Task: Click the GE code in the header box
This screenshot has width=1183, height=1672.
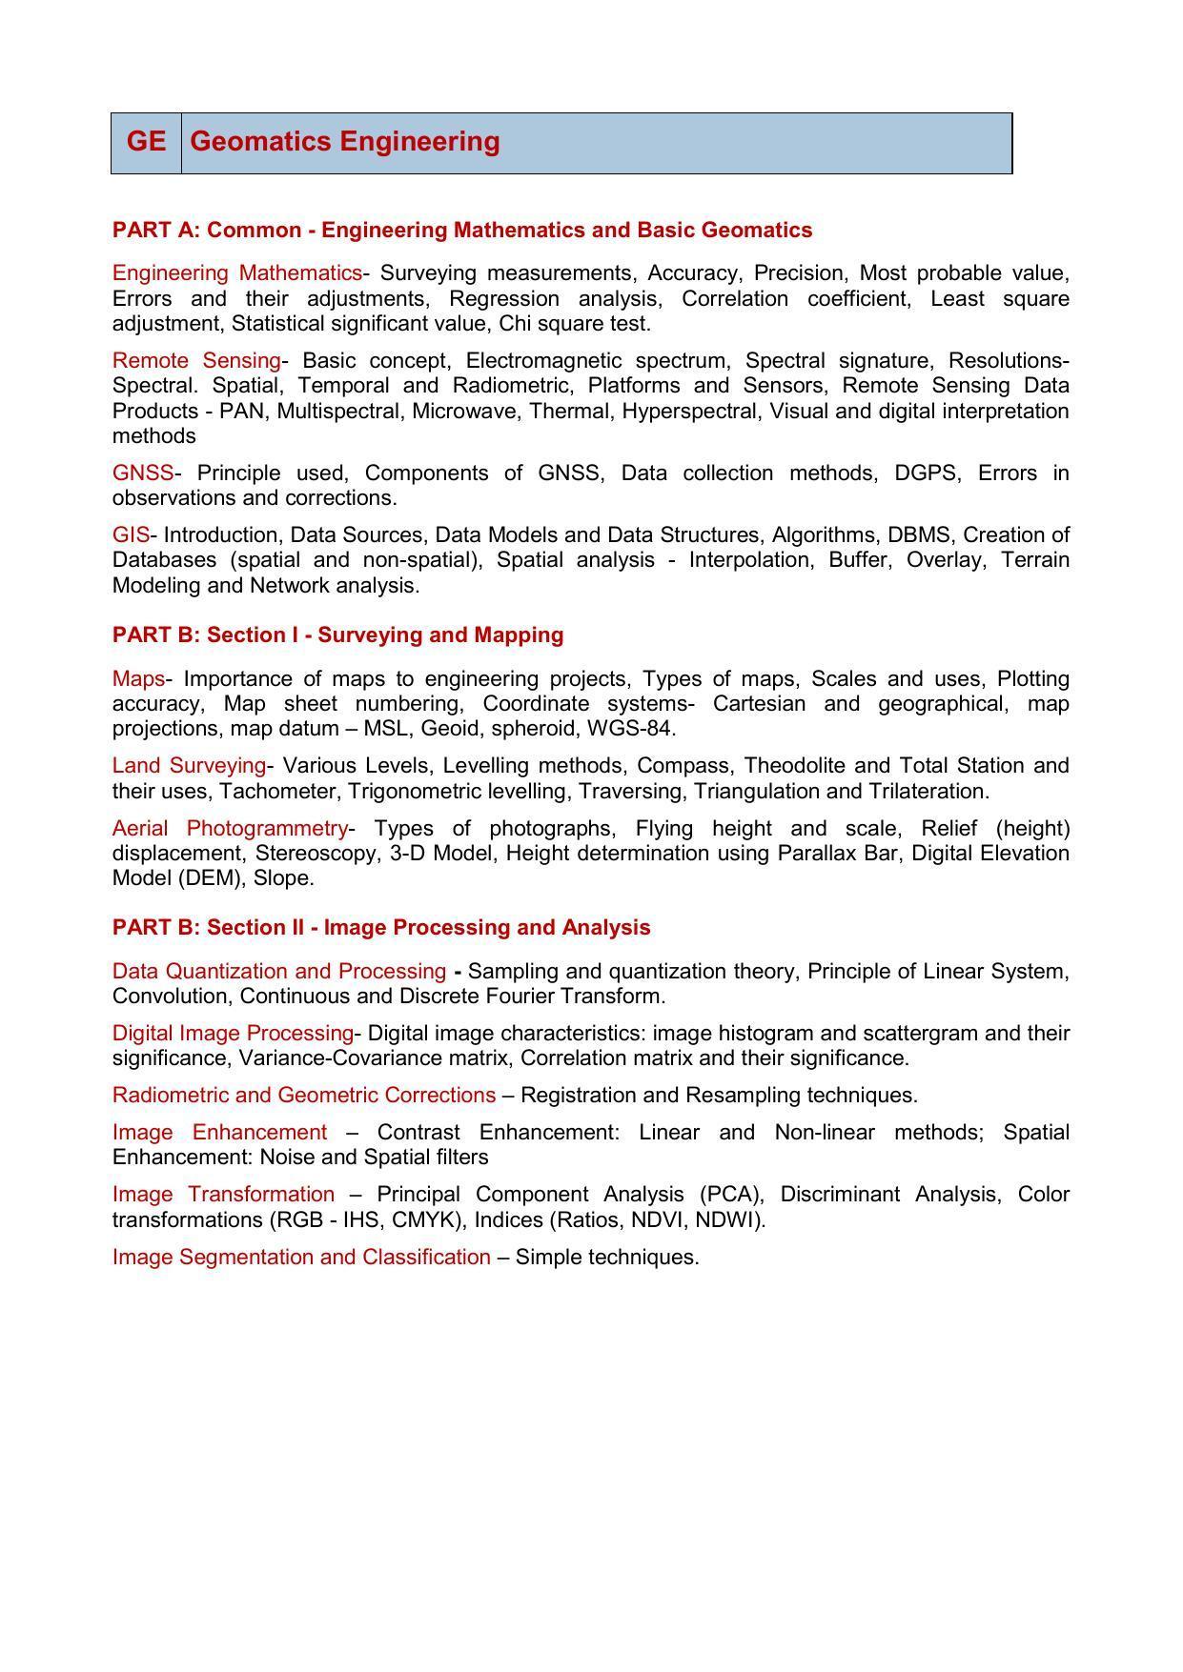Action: tap(146, 142)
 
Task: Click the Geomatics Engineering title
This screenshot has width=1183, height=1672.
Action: tap(344, 142)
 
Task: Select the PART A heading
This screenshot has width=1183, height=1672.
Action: tap(461, 231)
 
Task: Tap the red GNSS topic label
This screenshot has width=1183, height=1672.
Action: tap(143, 473)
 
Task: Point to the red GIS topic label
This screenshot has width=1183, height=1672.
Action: tap(131, 535)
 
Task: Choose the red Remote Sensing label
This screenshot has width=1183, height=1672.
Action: tap(196, 361)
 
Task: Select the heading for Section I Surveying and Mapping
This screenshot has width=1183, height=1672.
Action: tap(337, 635)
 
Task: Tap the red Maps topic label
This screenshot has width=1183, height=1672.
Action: tap(138, 679)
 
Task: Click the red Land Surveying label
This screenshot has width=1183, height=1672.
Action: tap(189, 766)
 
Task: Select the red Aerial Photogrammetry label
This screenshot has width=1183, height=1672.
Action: tap(230, 828)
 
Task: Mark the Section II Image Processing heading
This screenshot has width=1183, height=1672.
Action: tap(381, 928)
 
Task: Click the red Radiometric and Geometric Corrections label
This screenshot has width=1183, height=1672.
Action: tap(303, 1096)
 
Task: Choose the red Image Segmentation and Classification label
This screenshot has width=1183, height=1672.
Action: tap(301, 1258)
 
